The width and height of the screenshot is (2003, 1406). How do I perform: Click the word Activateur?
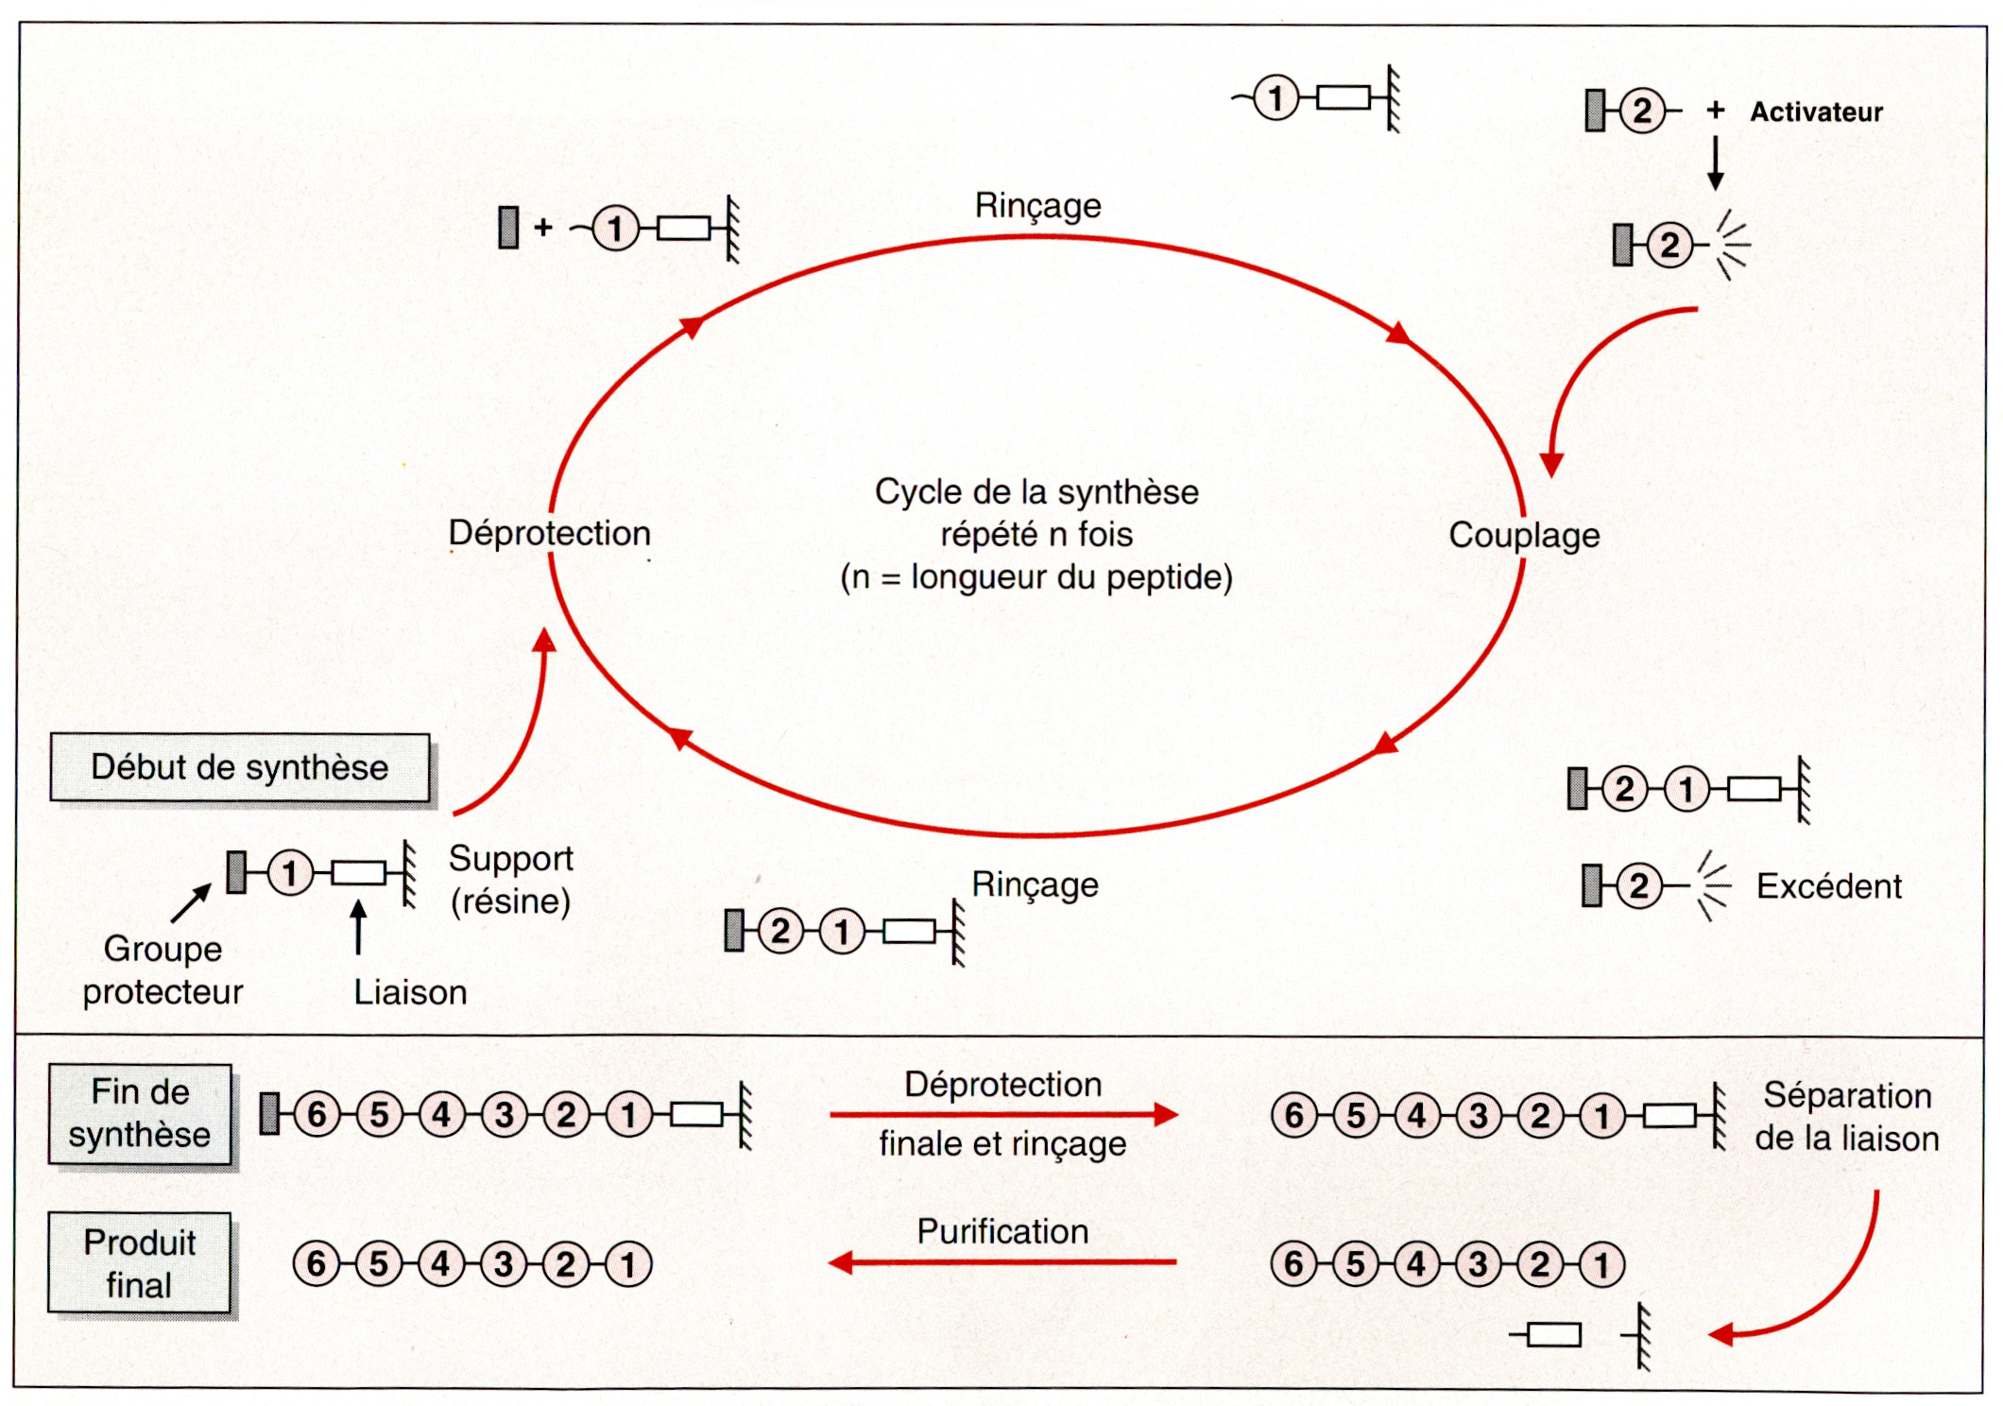1815,112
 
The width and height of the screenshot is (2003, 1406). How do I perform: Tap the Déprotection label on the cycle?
549,533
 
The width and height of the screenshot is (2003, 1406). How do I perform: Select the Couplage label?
1524,535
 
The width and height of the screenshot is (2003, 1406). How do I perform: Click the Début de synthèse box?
239,767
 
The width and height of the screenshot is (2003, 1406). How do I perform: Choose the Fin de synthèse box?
140,1113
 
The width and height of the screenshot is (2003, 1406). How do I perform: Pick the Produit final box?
139,1263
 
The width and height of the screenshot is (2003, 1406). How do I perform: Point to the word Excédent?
1828,886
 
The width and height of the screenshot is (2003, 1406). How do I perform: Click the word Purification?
1002,1231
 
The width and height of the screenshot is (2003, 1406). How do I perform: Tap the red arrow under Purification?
1001,1262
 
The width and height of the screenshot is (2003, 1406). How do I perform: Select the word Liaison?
410,992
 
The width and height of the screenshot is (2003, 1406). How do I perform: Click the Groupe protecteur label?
163,970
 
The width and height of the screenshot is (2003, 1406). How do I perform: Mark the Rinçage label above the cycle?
1037,205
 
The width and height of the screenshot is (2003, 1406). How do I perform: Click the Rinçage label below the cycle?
1035,884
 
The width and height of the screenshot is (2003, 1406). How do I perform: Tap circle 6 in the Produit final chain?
317,1264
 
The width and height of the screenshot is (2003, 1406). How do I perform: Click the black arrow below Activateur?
1716,163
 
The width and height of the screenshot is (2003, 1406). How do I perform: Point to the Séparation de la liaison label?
1846,1117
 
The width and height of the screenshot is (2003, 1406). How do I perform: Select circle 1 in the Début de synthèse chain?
290,873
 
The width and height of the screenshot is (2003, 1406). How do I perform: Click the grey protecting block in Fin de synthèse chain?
270,1113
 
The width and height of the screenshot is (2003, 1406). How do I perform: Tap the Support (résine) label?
510,880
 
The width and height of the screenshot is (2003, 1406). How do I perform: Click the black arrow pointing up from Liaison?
358,926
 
